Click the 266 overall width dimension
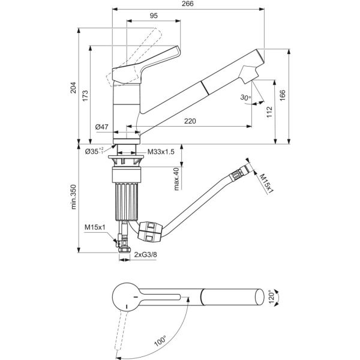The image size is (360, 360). (x=188, y=4)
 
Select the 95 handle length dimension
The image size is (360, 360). (x=154, y=16)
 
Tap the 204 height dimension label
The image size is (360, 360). (x=73, y=88)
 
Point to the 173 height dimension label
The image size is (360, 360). (x=85, y=96)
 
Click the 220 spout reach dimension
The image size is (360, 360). (x=190, y=121)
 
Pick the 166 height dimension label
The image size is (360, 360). (x=283, y=95)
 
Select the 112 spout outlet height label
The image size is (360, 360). (x=269, y=112)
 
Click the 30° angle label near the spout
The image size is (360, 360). (x=245, y=97)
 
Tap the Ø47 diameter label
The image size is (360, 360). (x=101, y=127)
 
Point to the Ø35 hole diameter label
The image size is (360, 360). (x=94, y=151)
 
